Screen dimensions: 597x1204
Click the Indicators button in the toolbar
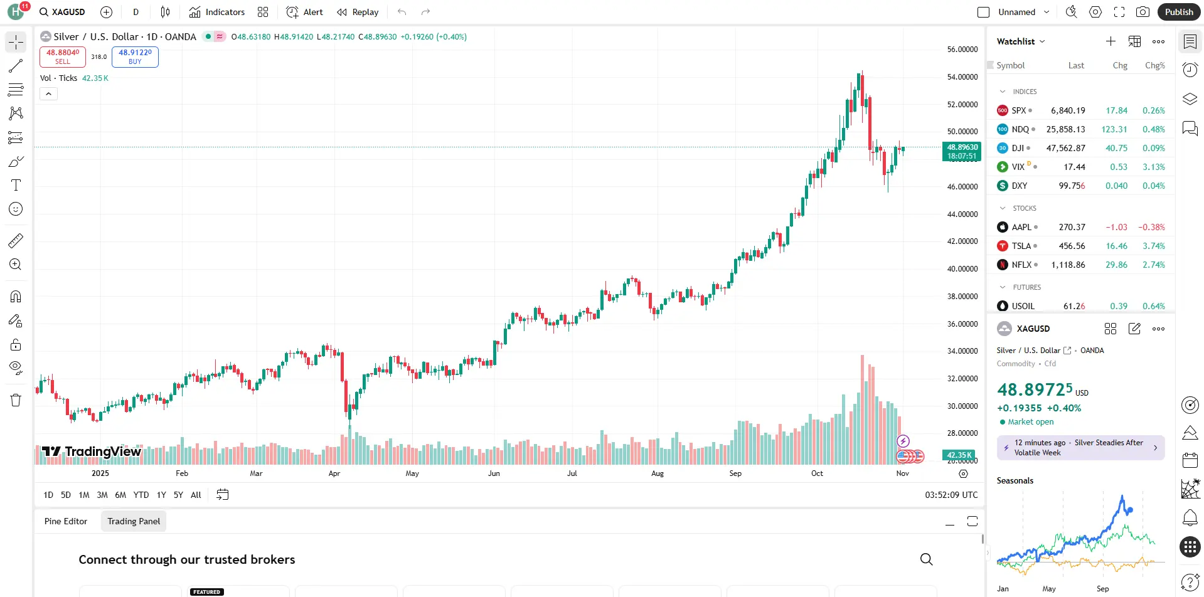point(217,12)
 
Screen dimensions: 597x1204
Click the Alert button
point(305,12)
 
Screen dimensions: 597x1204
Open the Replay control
point(358,12)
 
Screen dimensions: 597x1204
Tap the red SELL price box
point(63,56)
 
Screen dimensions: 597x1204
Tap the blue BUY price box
point(135,56)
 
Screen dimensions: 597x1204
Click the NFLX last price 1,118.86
point(1068,265)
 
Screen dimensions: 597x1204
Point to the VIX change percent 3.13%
point(1153,167)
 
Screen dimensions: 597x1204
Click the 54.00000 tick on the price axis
point(962,77)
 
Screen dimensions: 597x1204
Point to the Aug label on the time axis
point(658,473)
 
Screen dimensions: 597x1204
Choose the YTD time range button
point(141,495)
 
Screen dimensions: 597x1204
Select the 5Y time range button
point(178,495)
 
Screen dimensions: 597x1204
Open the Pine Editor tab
point(66,521)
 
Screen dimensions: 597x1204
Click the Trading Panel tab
point(134,521)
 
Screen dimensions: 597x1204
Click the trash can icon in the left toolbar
point(16,400)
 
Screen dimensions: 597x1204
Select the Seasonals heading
point(1015,481)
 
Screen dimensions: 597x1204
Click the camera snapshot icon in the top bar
point(1143,12)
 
